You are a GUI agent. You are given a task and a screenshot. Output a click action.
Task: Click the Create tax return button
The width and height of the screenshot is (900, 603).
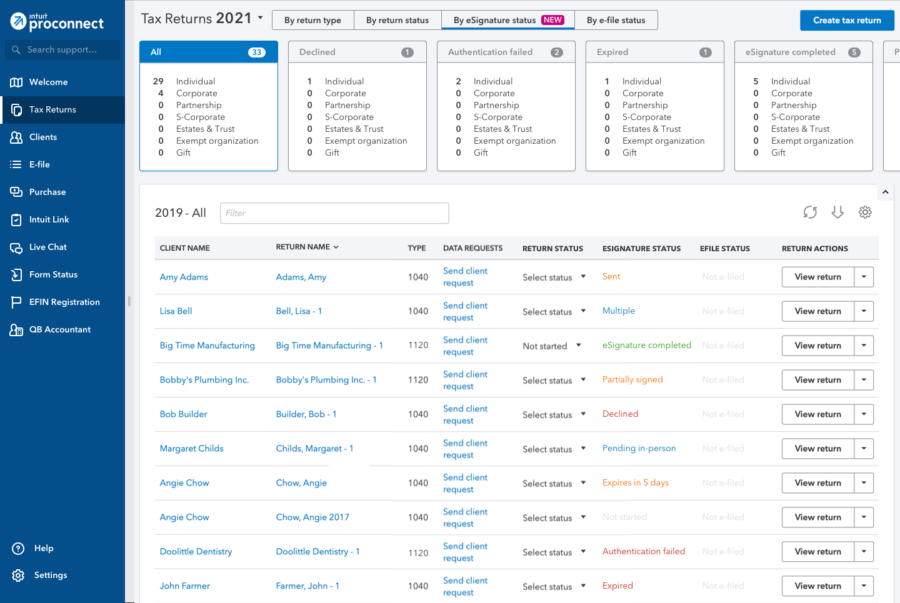(x=847, y=21)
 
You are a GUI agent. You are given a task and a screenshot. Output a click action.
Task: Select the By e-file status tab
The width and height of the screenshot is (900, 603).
(x=616, y=20)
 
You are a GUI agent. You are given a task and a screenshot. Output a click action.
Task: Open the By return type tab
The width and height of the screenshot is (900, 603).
(x=312, y=20)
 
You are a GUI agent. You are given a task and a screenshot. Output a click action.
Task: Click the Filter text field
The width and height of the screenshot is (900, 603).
(x=334, y=213)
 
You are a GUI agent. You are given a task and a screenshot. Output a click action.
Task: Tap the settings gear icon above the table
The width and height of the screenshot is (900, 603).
(x=865, y=212)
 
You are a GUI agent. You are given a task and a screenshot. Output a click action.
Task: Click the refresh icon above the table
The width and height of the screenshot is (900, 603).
(x=810, y=212)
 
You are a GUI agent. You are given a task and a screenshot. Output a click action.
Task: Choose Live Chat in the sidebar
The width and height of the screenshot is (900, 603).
(x=48, y=247)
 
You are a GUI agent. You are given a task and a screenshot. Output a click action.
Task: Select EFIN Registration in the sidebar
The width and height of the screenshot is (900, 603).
(x=64, y=302)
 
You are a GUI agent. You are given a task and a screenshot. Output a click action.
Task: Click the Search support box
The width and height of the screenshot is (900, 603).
(x=62, y=49)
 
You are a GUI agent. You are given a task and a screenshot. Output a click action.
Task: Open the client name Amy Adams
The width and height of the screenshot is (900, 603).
(x=184, y=277)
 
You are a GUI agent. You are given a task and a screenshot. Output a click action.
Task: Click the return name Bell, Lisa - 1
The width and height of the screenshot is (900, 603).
(x=299, y=311)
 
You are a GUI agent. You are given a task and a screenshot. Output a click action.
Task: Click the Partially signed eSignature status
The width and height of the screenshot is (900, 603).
(x=632, y=380)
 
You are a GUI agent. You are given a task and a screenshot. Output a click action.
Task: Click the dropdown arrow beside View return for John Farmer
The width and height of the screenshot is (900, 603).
(x=864, y=586)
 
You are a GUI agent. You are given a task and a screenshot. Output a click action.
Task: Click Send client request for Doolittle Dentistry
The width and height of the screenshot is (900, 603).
(x=465, y=552)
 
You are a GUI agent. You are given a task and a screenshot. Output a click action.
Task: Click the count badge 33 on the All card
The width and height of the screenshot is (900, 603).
(x=256, y=52)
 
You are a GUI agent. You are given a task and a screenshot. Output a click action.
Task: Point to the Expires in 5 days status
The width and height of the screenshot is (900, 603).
(x=636, y=483)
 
